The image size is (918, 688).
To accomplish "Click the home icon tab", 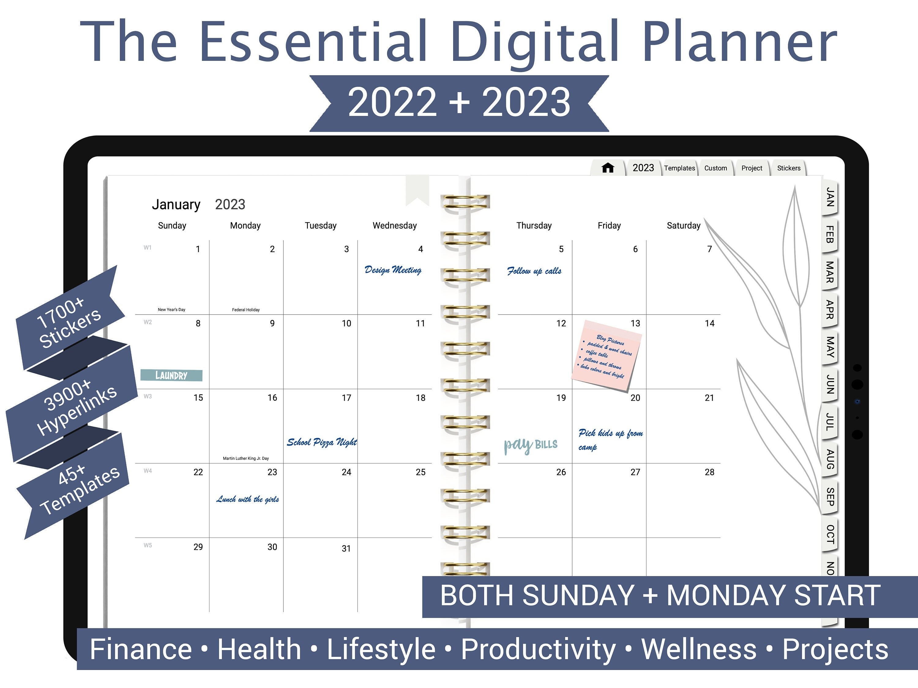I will (608, 168).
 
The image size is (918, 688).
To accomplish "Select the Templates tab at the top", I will (679, 168).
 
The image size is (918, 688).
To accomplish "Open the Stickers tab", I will (789, 168).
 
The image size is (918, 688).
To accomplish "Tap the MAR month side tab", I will (829, 272).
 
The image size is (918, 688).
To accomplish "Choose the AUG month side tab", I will (829, 459).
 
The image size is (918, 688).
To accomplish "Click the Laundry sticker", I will (171, 375).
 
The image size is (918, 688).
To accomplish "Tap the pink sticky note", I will (607, 355).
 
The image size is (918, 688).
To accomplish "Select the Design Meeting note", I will (393, 270).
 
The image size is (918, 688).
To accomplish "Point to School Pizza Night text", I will (322, 442).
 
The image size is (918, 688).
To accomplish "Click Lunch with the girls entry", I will (247, 499).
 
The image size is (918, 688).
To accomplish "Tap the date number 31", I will (346, 548).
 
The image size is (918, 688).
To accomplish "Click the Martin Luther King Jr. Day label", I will (246, 458).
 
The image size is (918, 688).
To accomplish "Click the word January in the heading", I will (176, 205).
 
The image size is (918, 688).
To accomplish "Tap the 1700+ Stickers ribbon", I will (69, 323).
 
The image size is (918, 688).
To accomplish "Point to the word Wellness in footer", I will (699, 649).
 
